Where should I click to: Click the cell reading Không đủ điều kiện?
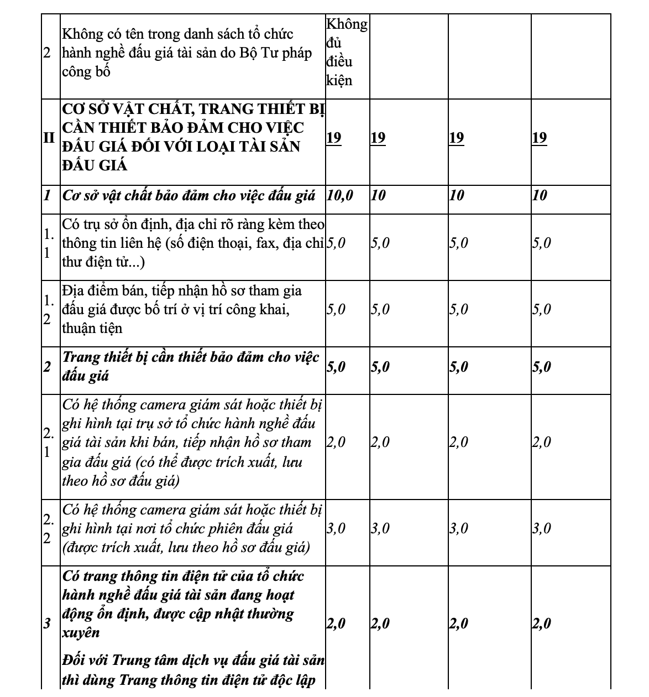[347, 52]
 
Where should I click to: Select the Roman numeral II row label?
[50, 137]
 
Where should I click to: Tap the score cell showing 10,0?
[340, 195]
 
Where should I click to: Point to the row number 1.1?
[50, 243]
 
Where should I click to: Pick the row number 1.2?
[50, 310]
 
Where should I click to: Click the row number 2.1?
[50, 443]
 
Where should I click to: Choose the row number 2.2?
[50, 529]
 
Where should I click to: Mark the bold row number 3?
[48, 624]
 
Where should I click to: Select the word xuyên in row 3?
[81, 633]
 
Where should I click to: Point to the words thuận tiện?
[92, 329]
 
